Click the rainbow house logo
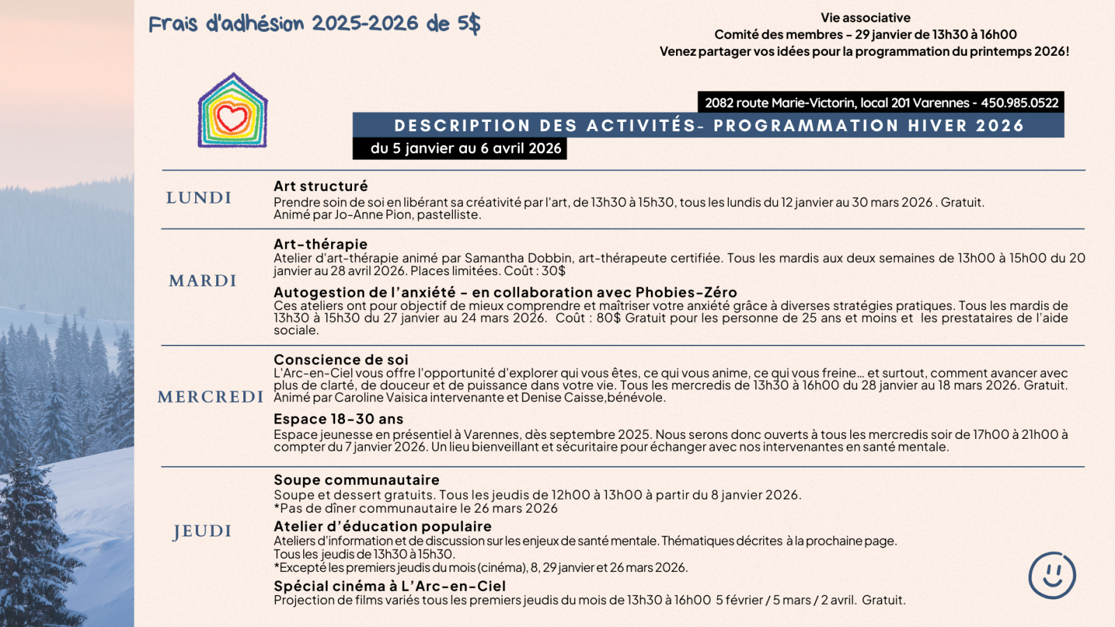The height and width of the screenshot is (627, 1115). coord(233,111)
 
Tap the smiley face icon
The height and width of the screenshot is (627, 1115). coord(1052,575)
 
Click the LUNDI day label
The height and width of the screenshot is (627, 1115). coord(199,198)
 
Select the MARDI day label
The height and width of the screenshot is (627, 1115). coord(203,281)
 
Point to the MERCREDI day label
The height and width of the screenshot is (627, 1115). coord(210,397)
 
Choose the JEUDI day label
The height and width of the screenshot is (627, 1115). coord(202,531)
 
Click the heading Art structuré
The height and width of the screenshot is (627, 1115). coord(321,186)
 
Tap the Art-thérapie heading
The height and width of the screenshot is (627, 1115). coord(321,244)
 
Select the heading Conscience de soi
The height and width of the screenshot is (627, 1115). coord(341,359)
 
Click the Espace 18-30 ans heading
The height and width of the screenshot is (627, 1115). coord(339,419)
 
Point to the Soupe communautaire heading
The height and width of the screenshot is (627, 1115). coord(357,479)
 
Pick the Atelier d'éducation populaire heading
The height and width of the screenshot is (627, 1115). coord(383,526)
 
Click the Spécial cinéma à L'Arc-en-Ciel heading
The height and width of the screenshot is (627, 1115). coord(390,586)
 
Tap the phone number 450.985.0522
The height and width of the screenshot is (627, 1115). coord(1020,103)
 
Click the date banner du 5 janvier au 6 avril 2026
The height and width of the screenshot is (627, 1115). coord(466,148)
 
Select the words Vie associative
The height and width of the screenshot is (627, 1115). coord(866,18)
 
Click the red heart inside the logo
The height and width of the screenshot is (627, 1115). coord(232,118)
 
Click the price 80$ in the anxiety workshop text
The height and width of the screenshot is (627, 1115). coord(608,318)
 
